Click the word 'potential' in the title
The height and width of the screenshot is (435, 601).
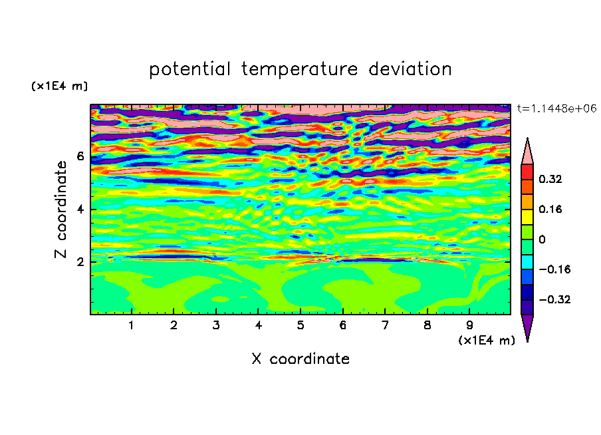tap(189, 69)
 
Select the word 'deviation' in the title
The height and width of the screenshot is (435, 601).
tap(410, 69)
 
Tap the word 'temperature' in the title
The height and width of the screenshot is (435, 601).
tap(299, 69)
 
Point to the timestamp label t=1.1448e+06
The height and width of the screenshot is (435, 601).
tap(556, 108)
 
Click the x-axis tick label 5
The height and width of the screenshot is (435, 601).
tap(300, 325)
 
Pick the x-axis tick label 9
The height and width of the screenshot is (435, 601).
tap(469, 325)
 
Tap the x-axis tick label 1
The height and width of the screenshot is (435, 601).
tap(132, 325)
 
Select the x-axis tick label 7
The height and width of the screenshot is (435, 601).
tap(385, 325)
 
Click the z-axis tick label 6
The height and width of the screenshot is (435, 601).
tap(80, 156)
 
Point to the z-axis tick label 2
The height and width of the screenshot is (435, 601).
tap(80, 262)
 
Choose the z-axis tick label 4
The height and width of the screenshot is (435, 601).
tap(80, 210)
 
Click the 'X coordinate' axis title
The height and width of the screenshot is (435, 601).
tap(300, 359)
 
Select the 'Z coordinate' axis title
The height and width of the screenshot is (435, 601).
tap(61, 210)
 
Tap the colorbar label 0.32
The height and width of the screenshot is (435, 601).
tap(550, 179)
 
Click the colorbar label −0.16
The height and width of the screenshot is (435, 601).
tap(554, 269)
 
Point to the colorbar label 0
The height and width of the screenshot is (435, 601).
tap(542, 239)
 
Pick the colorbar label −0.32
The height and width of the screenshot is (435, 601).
tap(554, 299)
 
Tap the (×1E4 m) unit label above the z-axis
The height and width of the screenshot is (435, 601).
tap(59, 86)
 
